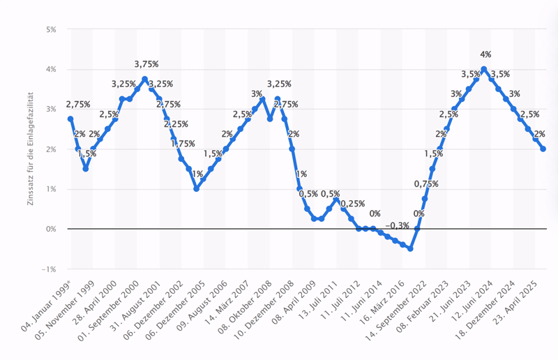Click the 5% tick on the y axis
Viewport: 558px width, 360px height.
[52, 30]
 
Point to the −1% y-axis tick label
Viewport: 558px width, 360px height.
[50, 269]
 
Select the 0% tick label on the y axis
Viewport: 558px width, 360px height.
[52, 229]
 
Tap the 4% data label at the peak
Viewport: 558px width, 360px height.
[485, 55]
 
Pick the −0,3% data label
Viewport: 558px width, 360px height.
[398, 225]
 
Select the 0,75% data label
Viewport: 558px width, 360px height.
[426, 184]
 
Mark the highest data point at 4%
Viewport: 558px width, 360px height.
[483, 69]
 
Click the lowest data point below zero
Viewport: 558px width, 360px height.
[410, 248]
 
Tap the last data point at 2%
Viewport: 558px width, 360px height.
[543, 149]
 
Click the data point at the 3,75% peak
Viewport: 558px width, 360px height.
[144, 79]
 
